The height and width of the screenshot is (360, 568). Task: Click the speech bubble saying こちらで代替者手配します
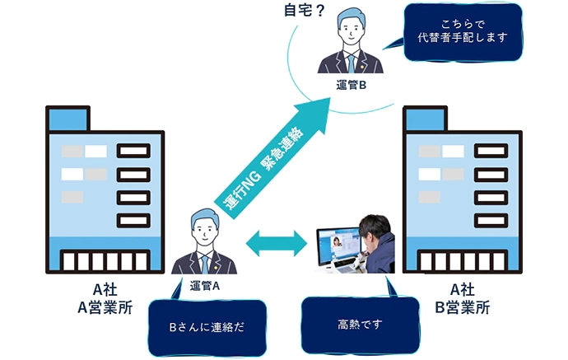463,31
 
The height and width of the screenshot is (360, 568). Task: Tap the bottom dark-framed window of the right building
491,220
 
